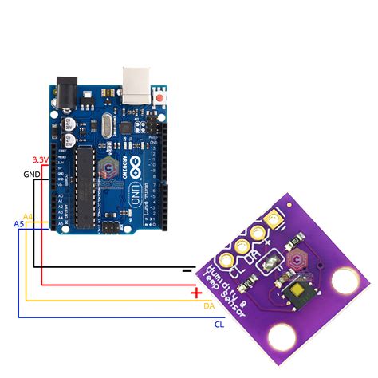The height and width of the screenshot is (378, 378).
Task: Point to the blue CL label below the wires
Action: tap(219, 325)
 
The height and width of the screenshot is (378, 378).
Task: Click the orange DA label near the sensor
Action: tap(209, 305)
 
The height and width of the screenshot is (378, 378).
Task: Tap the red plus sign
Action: tap(196, 292)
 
